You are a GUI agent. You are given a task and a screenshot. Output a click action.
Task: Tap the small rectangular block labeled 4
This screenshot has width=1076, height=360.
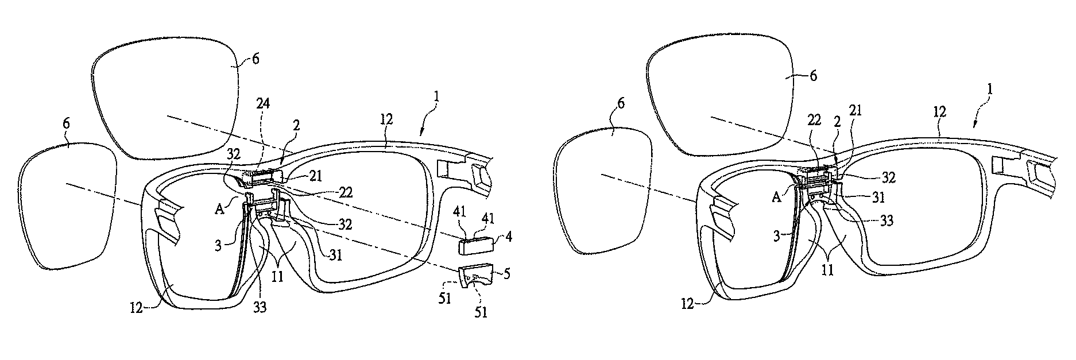[x=477, y=246]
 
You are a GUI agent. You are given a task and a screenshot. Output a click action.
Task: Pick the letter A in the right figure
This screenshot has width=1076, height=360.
[x=777, y=197]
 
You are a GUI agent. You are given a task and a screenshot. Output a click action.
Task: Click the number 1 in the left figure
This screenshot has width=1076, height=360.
[x=438, y=98]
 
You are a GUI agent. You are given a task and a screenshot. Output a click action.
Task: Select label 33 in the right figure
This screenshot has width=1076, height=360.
[x=887, y=221]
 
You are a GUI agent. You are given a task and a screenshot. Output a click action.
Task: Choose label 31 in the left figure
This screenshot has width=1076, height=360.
[x=336, y=254]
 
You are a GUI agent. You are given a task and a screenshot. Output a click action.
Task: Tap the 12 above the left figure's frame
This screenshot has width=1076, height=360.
[x=386, y=119]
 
